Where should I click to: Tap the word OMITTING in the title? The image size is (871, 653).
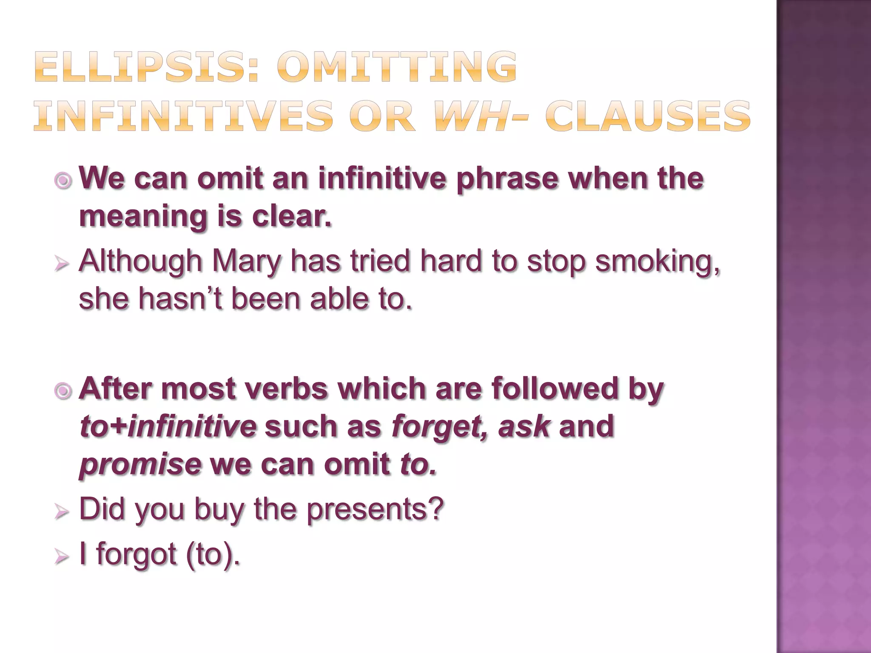(x=397, y=67)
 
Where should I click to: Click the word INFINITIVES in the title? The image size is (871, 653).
(x=183, y=116)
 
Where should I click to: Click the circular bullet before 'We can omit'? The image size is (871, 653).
(x=63, y=181)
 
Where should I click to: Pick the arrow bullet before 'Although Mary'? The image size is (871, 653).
(x=62, y=265)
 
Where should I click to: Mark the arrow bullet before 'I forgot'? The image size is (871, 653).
(x=62, y=556)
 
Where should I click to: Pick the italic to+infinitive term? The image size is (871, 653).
(x=168, y=426)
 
